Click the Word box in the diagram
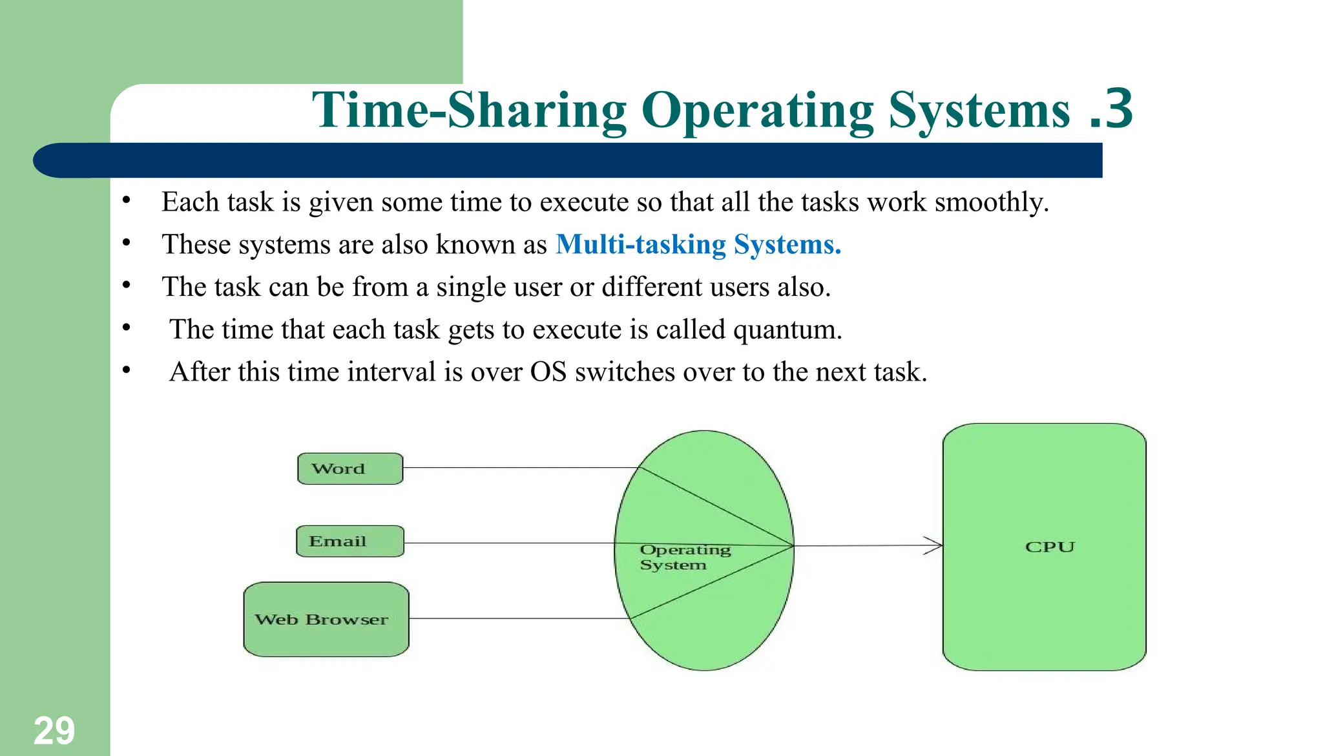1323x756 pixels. pos(350,468)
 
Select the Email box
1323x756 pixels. pos(350,541)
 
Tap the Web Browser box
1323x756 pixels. pos(326,619)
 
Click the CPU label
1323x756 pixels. pos(1050,547)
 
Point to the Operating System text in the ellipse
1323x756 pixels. pos(684,557)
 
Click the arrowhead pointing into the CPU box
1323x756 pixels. pos(933,545)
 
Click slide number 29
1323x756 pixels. pos(54,731)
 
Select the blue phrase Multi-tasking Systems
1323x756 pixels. pos(698,244)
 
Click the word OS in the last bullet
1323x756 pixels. pos(548,372)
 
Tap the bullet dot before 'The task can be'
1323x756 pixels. pos(127,285)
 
